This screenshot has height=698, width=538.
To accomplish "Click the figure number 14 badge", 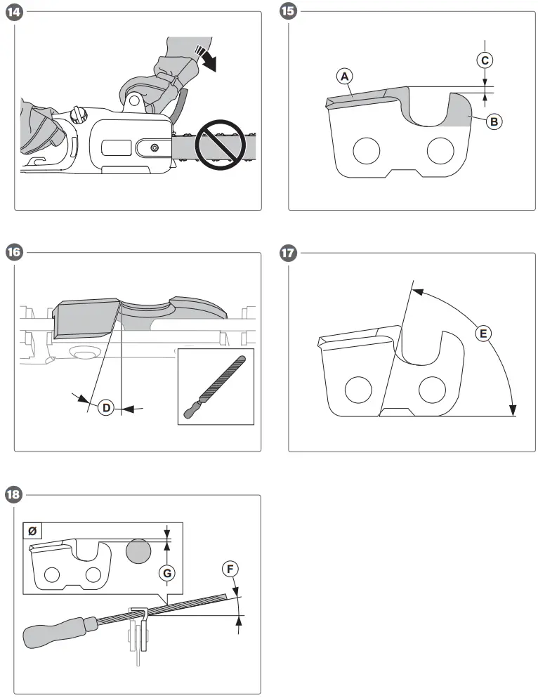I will [13, 12].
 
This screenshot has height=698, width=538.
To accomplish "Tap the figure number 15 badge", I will [287, 12].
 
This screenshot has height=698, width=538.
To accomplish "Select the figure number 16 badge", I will [13, 253].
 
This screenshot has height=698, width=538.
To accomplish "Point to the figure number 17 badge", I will [287, 253].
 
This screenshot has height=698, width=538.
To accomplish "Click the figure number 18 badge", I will [13, 495].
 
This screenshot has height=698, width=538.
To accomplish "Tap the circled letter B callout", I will [494, 121].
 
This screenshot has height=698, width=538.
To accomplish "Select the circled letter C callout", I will [485, 60].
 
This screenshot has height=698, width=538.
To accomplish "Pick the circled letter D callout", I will [105, 407].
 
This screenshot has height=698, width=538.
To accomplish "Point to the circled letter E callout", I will [483, 334].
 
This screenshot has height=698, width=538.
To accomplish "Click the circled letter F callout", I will [229, 568].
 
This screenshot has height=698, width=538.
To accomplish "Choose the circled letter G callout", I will [166, 573].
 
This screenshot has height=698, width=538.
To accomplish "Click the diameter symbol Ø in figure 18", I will [32, 532].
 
